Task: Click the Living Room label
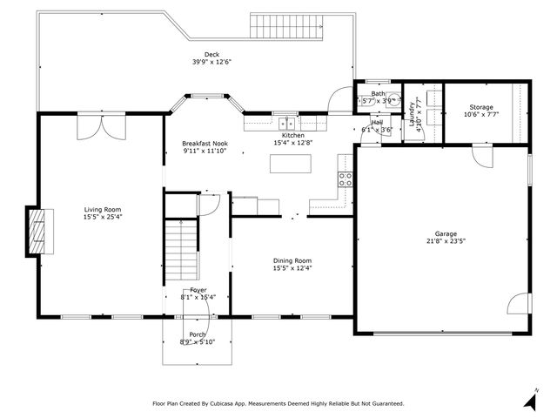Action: [x=103, y=209]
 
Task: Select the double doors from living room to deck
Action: [x=93, y=128]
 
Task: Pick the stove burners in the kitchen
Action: [x=345, y=180]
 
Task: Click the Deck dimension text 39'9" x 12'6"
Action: [x=211, y=62]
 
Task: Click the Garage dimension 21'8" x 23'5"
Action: [x=446, y=242]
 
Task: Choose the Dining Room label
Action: [x=292, y=260]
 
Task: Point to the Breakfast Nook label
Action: [x=205, y=143]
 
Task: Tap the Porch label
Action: [x=198, y=334]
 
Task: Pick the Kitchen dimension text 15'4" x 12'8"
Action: [x=292, y=143]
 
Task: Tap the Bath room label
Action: [x=378, y=93]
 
